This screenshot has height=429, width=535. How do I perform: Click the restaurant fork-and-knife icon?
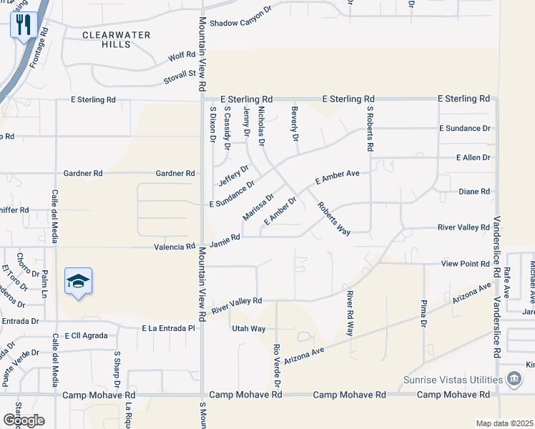pos(24,26)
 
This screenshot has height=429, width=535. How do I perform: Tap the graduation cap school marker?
pos(78,282)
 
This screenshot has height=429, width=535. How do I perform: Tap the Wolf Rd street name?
pos(181,55)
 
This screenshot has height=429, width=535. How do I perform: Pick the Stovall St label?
pos(182,73)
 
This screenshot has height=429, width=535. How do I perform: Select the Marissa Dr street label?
pos(258,206)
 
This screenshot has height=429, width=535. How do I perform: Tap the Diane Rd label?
pos(474,192)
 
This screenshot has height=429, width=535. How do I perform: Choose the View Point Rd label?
pos(465,264)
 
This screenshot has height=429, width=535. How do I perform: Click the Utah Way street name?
pos(248,328)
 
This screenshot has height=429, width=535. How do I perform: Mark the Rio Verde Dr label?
pos(278,365)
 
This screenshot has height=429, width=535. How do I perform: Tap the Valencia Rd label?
pos(175,247)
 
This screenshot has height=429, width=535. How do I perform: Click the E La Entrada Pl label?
pos(168,328)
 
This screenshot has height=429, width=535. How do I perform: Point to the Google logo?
pos(24,420)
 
